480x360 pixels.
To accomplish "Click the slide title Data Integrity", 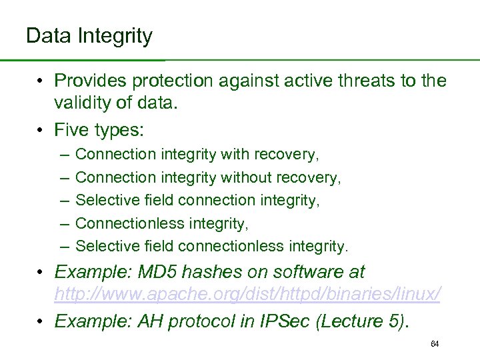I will click(89, 35).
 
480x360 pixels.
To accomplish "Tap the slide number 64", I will click(435, 344).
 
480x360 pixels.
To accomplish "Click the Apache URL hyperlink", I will click(247, 293).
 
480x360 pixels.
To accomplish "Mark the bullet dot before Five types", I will click(41, 129).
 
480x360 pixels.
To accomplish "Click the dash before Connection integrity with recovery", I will click(62, 155).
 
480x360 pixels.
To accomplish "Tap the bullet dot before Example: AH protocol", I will click(41, 321).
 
